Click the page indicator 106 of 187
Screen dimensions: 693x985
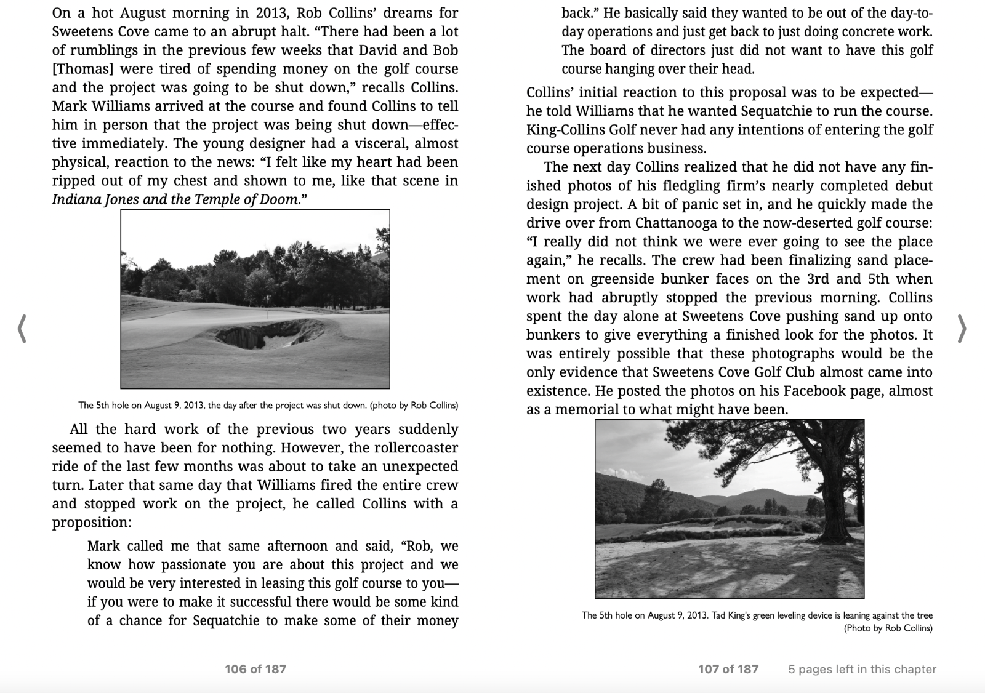click(x=255, y=669)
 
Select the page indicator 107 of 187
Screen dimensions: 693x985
click(x=728, y=669)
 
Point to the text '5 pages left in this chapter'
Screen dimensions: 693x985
click(x=862, y=669)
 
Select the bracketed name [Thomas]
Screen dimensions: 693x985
click(x=82, y=69)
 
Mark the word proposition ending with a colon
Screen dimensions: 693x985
click(x=92, y=523)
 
